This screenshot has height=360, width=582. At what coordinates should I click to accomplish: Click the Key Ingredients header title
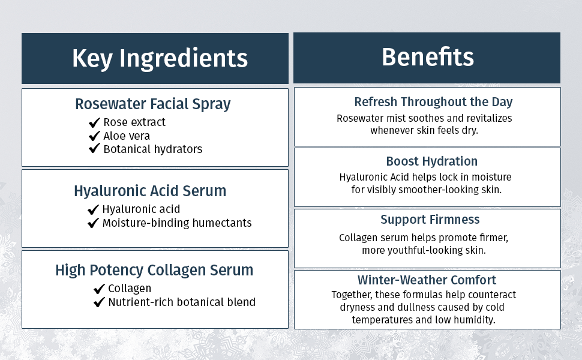[160, 59]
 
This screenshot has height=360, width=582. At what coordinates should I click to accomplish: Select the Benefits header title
[427, 57]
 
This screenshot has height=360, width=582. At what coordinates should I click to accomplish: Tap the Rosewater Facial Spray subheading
[152, 104]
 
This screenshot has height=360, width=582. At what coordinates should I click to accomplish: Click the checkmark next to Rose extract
[94, 122]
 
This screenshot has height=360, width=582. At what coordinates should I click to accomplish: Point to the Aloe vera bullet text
[127, 136]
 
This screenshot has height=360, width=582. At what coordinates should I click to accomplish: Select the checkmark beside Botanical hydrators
[94, 149]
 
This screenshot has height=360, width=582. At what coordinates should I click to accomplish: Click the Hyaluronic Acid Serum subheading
[150, 191]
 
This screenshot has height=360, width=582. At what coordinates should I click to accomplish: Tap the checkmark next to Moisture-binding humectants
[93, 223]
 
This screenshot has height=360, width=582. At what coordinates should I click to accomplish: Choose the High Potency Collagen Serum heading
[154, 270]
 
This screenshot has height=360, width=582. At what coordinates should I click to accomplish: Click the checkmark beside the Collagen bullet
[100, 289]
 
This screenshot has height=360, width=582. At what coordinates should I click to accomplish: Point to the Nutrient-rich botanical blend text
[182, 302]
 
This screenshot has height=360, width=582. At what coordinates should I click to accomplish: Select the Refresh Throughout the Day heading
[433, 101]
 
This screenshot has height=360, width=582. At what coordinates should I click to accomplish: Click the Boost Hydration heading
[432, 161]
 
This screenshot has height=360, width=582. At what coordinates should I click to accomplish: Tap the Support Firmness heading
[430, 220]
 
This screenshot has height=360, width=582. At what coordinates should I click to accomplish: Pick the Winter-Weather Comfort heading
[427, 280]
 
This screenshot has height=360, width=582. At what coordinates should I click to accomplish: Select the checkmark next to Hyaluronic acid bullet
[93, 209]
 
